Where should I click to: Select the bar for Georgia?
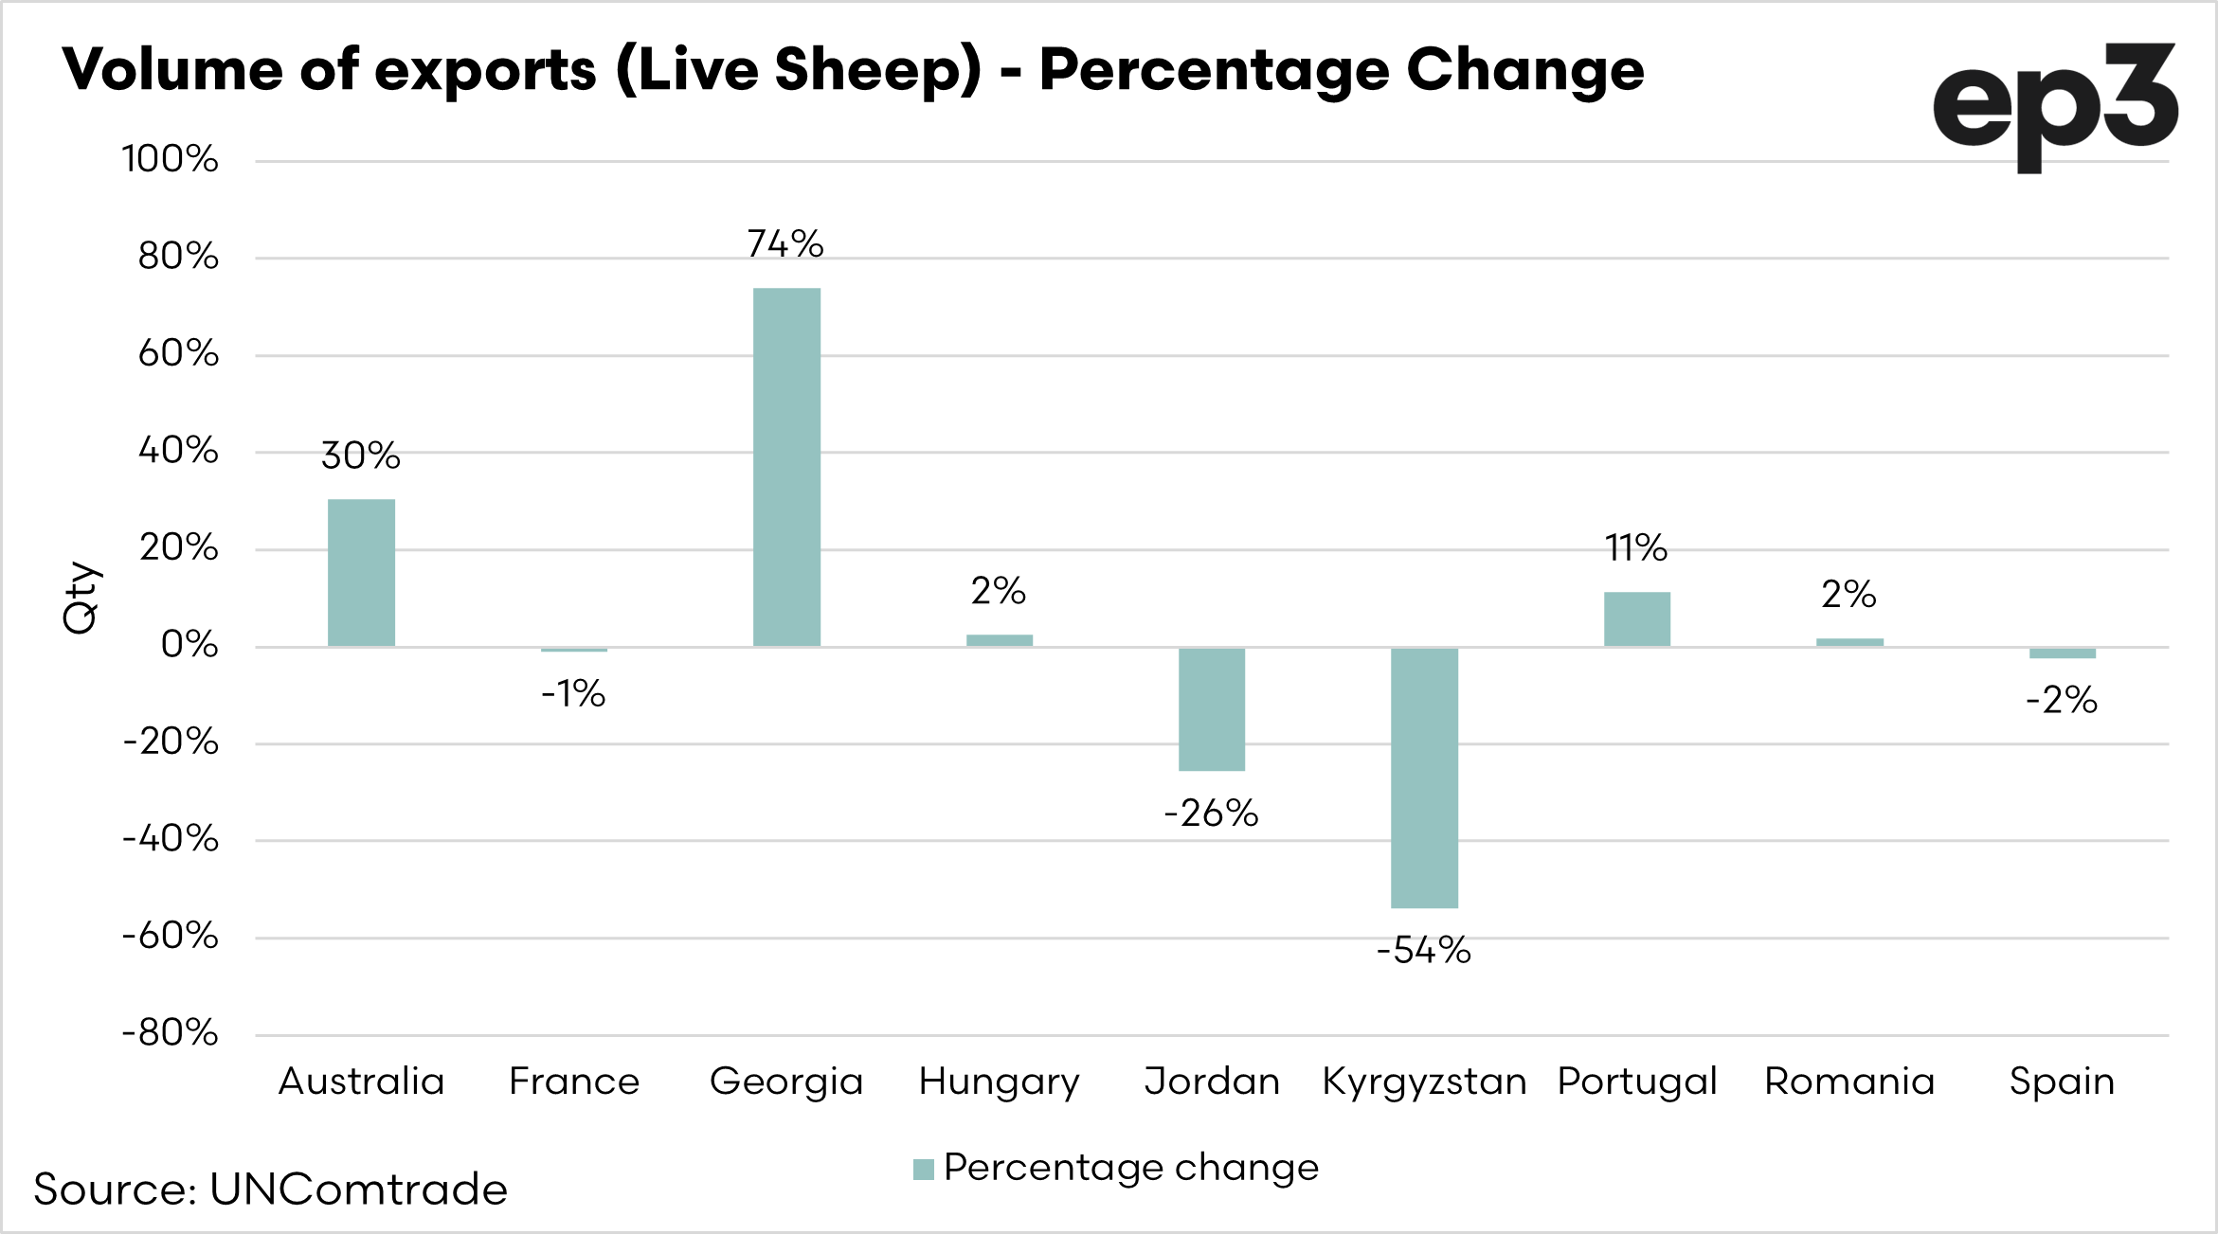click(786, 467)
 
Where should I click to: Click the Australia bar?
click(361, 573)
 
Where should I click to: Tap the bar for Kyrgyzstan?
click(1424, 778)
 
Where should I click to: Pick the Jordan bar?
click(1212, 709)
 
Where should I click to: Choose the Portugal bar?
click(1636, 619)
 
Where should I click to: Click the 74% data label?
click(785, 244)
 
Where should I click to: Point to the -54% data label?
click(1423, 950)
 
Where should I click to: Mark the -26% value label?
click(1211, 814)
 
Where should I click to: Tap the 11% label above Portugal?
click(1636, 548)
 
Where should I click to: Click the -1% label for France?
click(573, 694)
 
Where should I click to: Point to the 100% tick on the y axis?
click(171, 159)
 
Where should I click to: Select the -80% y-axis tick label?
click(171, 1032)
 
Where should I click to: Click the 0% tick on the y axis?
click(189, 645)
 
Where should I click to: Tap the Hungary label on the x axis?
click(999, 1082)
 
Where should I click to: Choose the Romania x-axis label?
click(1848, 1082)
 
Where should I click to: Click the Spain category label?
click(2062, 1082)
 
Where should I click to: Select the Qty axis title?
click(81, 598)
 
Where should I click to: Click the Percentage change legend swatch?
click(924, 1170)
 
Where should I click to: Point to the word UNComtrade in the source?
click(358, 1189)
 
